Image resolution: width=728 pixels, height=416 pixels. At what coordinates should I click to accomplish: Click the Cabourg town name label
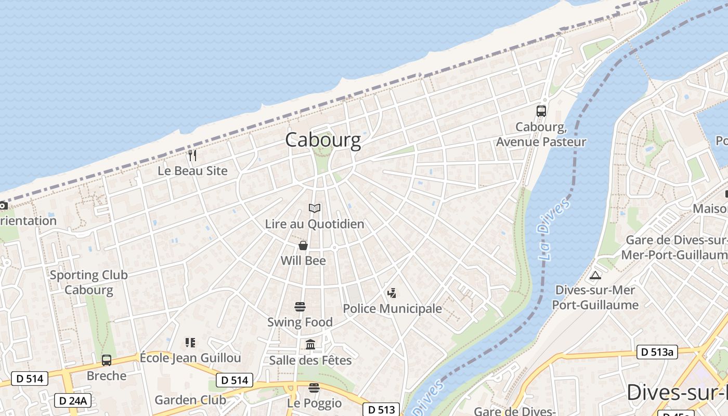coord(322,140)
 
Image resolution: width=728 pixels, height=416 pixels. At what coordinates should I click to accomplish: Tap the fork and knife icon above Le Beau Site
coord(192,155)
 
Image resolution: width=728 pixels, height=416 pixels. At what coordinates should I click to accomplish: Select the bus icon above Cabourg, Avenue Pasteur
coord(541,111)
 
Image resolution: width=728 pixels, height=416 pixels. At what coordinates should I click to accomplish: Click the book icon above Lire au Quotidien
coord(315,209)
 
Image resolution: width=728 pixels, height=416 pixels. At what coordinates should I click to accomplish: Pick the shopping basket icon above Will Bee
coord(303,245)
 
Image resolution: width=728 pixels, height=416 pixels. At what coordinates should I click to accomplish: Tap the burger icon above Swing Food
coord(300,307)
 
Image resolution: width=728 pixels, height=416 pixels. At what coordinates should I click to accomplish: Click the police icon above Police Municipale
coord(392,293)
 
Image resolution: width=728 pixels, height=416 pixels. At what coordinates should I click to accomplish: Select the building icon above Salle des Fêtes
coord(310,344)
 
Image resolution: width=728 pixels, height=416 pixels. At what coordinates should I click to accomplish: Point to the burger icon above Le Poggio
coord(314,388)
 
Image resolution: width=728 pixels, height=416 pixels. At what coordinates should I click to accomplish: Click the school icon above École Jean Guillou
coord(190,342)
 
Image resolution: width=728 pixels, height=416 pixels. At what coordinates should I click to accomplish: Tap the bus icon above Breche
coord(107,360)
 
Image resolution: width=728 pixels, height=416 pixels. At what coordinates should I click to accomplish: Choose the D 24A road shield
coord(73,400)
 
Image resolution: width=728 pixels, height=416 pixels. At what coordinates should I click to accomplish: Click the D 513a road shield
coord(657,352)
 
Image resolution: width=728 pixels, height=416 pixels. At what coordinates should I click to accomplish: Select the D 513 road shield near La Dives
coord(382,409)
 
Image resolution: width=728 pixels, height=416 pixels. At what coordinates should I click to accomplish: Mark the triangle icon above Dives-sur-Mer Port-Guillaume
coord(595,275)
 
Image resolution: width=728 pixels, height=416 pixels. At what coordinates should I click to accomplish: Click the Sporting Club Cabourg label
coord(88,282)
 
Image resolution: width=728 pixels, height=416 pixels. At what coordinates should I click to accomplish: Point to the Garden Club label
coord(190,400)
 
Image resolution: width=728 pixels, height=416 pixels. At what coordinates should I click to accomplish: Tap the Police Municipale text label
coord(392,309)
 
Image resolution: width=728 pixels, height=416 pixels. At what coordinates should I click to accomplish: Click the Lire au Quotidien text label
coord(315,224)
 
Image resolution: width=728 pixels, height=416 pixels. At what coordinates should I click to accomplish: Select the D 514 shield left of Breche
coord(30,379)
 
